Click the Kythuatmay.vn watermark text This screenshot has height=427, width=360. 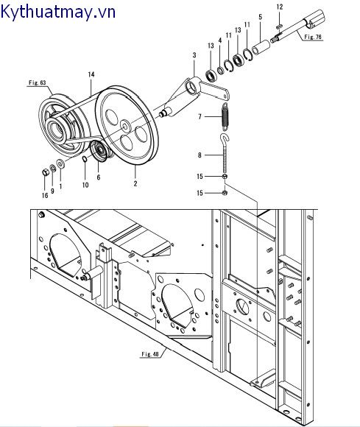click(57, 12)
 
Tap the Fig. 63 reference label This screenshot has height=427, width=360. click(38, 82)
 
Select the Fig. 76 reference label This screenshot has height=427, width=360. click(313, 37)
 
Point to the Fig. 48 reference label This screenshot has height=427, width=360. click(149, 354)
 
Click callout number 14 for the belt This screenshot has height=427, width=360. click(91, 74)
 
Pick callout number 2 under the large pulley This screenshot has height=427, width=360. click(135, 183)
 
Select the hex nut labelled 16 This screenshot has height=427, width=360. click(46, 172)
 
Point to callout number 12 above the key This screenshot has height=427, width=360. click(280, 7)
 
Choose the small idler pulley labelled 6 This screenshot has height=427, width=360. click(100, 152)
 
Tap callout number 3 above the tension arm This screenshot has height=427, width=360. click(194, 55)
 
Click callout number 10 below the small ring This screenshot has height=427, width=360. click(85, 185)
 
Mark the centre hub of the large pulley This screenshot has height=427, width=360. click(125, 126)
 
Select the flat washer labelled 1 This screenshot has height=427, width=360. click(60, 163)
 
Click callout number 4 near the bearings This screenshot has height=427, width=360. click(220, 40)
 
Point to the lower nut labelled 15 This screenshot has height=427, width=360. click(225, 193)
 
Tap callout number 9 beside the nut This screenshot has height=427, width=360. click(52, 191)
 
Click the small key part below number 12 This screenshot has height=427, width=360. click(279, 27)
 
